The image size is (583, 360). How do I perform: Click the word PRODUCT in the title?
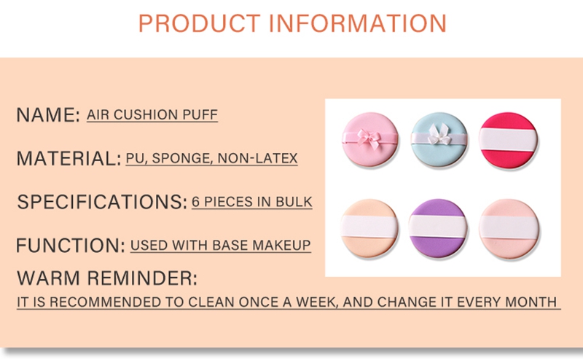pyautogui.click(x=199, y=23)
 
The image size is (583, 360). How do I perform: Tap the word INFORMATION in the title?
pyautogui.click(x=357, y=23)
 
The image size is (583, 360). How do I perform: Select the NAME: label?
pyautogui.click(x=48, y=114)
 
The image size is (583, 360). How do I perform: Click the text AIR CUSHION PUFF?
pyautogui.click(x=152, y=114)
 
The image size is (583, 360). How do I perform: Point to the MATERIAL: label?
pyautogui.click(x=69, y=158)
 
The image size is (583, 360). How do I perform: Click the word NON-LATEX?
pyautogui.click(x=258, y=158)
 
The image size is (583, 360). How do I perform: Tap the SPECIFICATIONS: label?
pyautogui.click(x=102, y=202)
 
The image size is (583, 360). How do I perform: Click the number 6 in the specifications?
pyautogui.click(x=196, y=202)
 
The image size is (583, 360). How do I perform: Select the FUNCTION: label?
pyautogui.click(x=71, y=246)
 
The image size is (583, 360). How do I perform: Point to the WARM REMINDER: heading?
pyautogui.click(x=107, y=278)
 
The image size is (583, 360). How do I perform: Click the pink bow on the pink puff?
pyautogui.click(x=369, y=138)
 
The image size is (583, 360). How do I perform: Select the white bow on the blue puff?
pyautogui.click(x=439, y=135)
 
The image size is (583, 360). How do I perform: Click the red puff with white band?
pyautogui.click(x=508, y=139)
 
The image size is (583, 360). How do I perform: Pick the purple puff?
pyautogui.click(x=438, y=227)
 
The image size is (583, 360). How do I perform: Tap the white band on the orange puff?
pyautogui.click(x=369, y=226)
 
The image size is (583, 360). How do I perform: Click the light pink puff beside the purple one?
pyautogui.click(x=508, y=228)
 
